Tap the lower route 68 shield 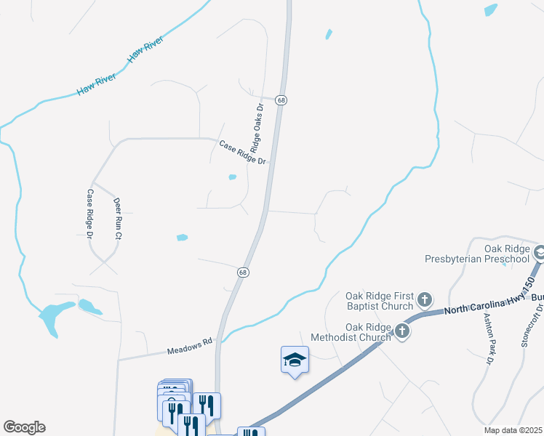(x=244, y=272)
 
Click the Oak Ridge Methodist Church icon (x=401, y=332)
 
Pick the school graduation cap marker (x=295, y=360)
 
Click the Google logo (x=24, y=427)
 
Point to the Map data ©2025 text (x=513, y=430)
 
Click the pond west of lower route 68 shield (x=182, y=237)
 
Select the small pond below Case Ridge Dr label (x=233, y=177)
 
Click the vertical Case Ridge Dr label (x=90, y=214)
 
